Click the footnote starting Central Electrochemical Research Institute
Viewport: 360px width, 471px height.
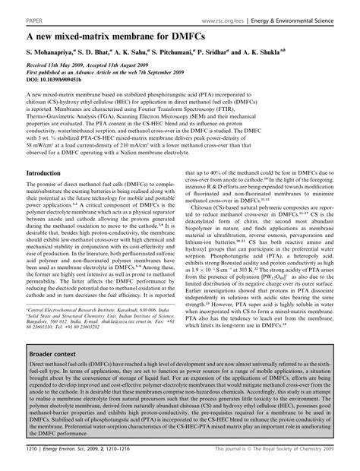click(x=91, y=310)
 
